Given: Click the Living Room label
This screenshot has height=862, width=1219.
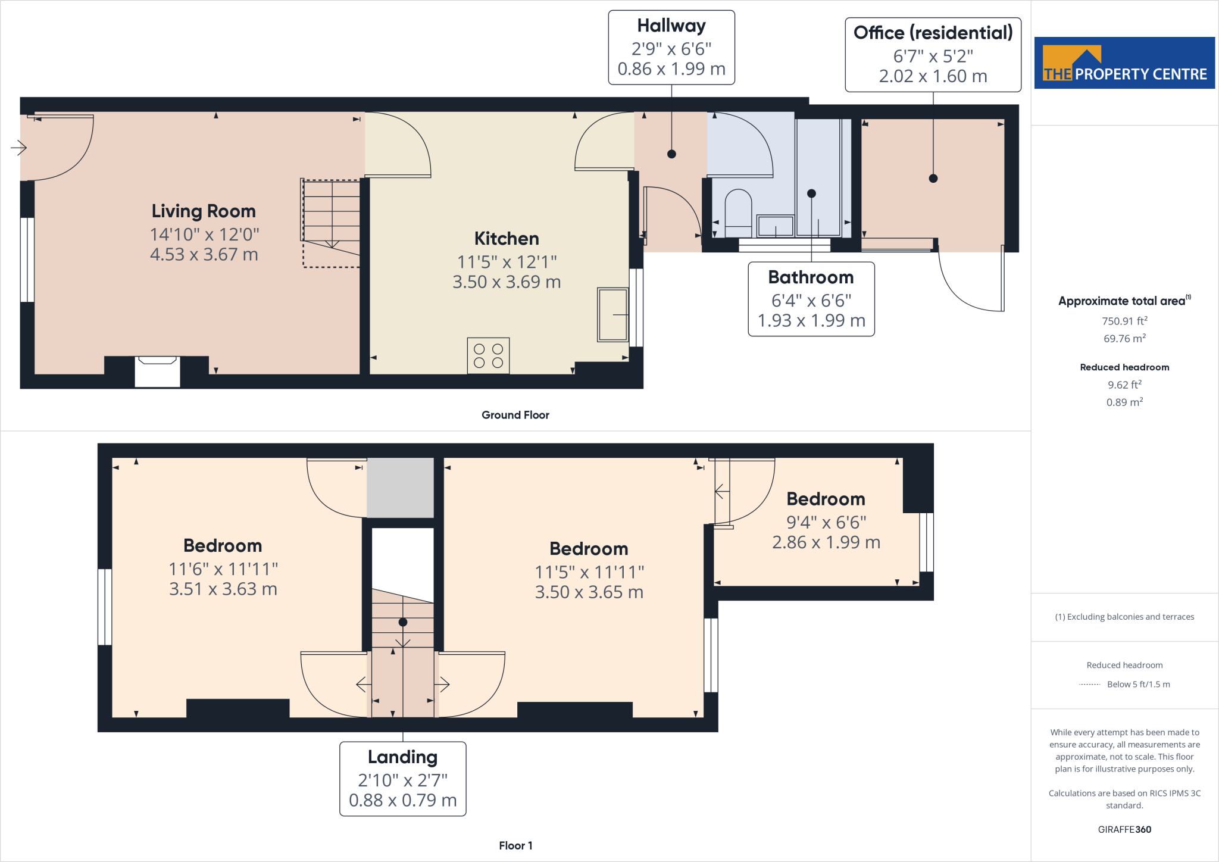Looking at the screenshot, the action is tap(204, 211).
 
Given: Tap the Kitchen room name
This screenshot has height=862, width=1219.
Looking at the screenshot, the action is tap(507, 239).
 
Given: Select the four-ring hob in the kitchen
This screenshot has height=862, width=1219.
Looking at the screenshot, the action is tap(488, 356).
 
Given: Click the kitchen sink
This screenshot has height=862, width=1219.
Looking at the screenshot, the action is tap(613, 315).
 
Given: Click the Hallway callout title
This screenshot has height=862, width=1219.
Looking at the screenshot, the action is tap(671, 26).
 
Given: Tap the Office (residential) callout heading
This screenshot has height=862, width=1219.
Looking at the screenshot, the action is tap(933, 33).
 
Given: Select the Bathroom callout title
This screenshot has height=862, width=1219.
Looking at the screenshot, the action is tap(811, 277).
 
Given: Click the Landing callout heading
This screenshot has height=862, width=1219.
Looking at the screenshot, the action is tap(402, 757).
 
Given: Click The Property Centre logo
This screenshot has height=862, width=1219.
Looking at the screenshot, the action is tap(1124, 63).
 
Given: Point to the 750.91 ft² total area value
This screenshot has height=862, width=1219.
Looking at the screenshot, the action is tap(1124, 321).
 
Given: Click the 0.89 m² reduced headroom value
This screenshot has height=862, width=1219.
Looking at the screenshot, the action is tap(1124, 402).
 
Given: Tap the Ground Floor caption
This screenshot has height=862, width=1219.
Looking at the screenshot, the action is tap(515, 415).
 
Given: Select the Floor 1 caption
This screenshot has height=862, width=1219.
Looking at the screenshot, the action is tap(515, 845).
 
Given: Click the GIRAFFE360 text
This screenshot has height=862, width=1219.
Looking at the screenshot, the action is tap(1124, 829).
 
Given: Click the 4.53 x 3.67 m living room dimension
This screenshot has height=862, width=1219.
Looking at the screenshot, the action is tap(204, 255).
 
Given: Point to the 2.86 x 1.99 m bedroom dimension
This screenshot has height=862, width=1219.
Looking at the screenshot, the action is tap(826, 542).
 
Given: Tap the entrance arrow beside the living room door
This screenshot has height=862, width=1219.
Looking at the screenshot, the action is tap(19, 147).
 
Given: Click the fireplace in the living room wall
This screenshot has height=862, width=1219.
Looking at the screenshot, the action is tap(157, 371).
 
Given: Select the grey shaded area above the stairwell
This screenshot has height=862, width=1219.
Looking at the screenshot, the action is tap(400, 488).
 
